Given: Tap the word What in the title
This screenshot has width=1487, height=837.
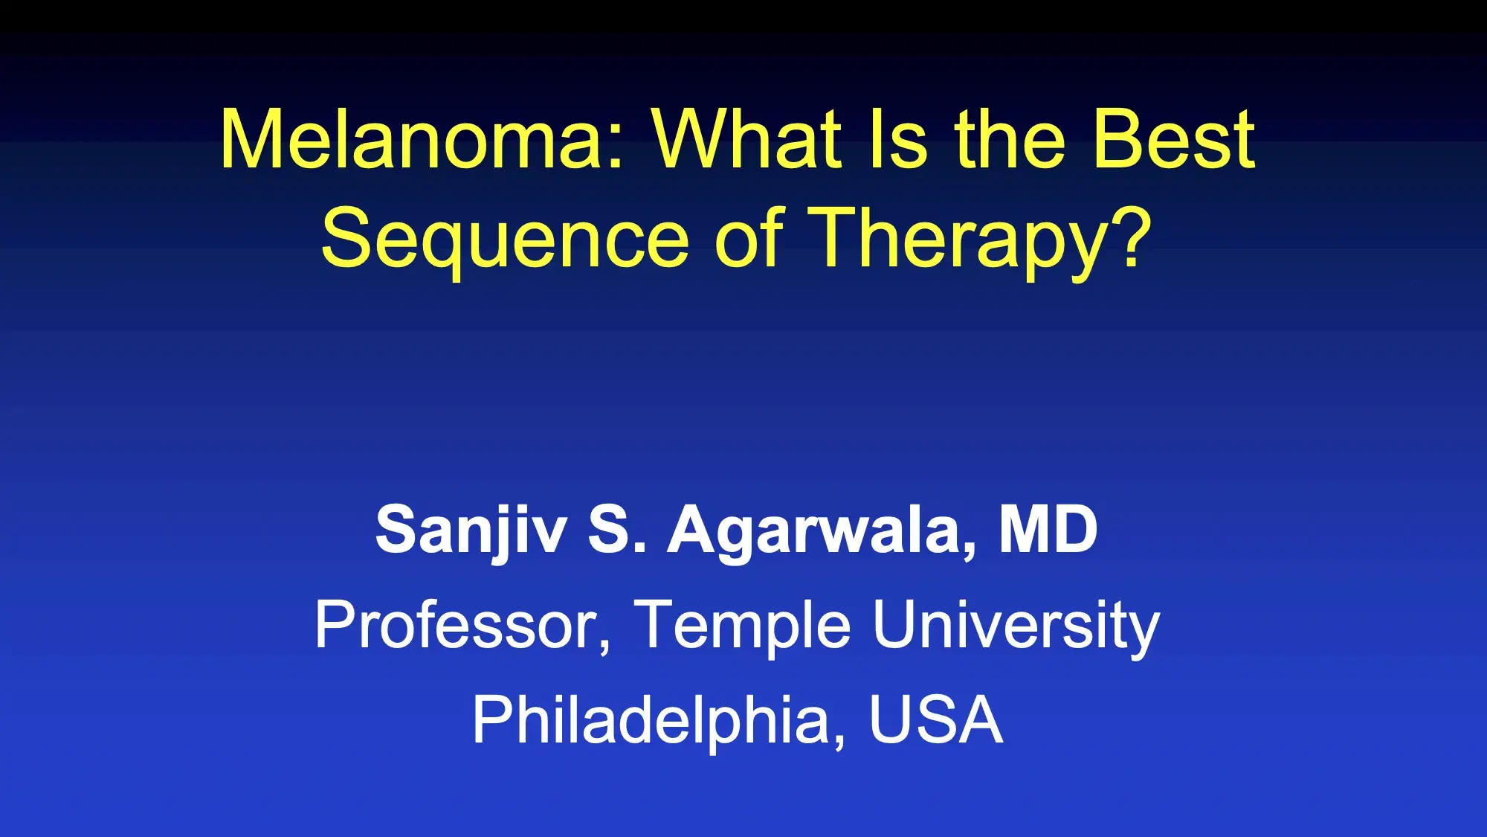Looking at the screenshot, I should (x=746, y=140).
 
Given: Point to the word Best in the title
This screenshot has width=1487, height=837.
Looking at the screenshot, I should (x=1174, y=140).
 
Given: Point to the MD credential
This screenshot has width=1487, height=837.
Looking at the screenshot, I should (x=1048, y=529).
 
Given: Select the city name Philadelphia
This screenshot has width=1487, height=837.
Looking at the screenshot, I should (x=651, y=720).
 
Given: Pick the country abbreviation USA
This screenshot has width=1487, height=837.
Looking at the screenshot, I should (x=935, y=719).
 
